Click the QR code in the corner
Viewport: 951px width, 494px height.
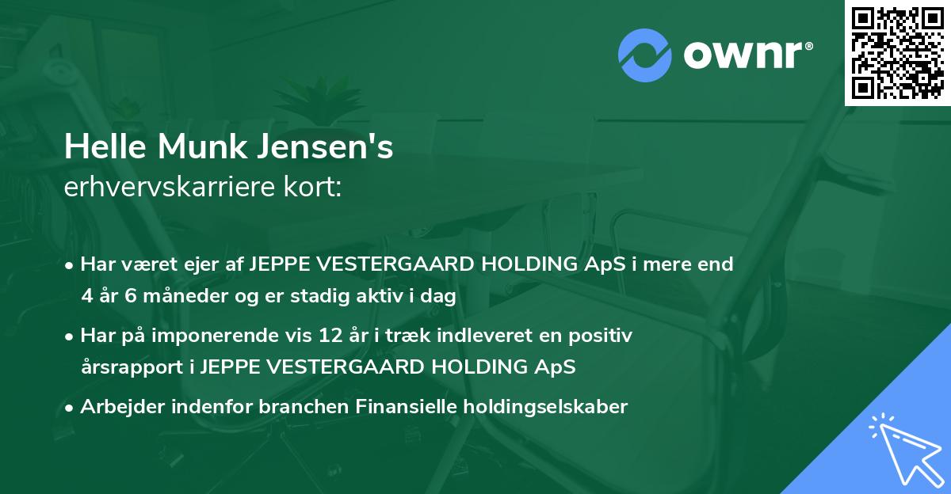[898, 53]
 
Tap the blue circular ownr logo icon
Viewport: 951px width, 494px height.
[645, 55]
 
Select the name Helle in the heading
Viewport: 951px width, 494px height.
[101, 148]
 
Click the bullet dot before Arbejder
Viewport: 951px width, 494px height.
[71, 408]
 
